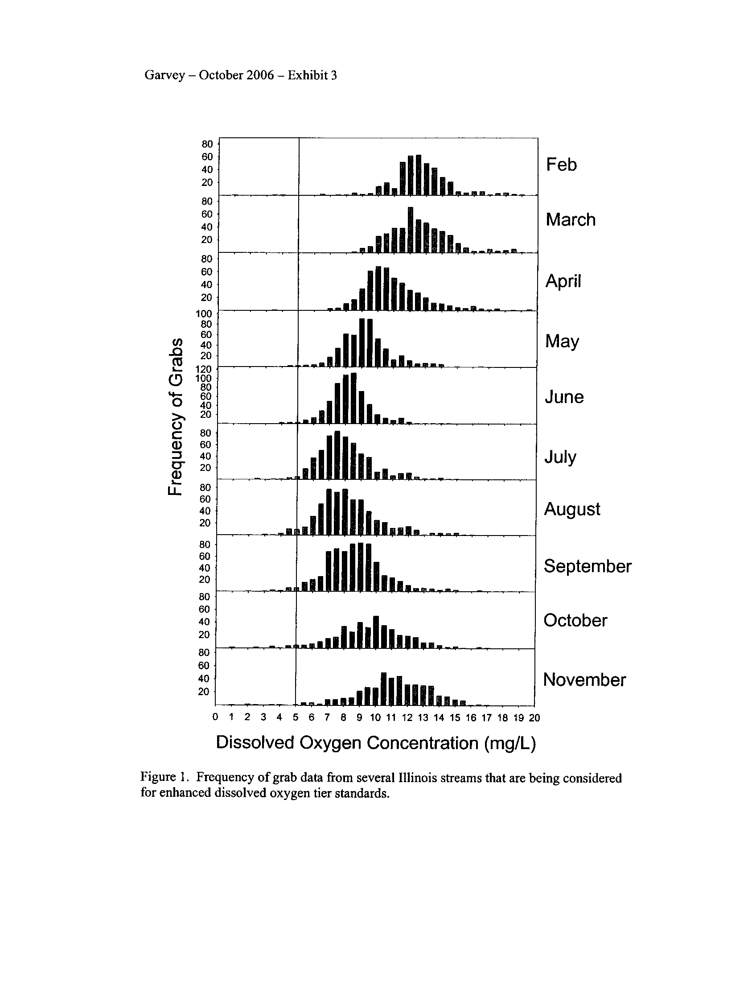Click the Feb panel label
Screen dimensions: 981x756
coord(561,165)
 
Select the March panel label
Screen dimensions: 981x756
coord(570,220)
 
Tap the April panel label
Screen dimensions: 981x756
coord(563,281)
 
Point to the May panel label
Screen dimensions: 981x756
coord(562,342)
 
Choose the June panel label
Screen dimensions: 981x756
coord(564,397)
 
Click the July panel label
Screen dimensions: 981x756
coord(560,457)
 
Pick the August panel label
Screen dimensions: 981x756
coord(571,509)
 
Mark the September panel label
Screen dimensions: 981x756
coord(587,566)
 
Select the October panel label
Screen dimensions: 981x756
coord(575,620)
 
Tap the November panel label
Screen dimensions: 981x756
coord(584,680)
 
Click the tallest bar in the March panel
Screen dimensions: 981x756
coord(411,230)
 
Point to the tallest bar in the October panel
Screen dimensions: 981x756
coord(376,632)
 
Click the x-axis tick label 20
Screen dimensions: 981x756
coord(534,718)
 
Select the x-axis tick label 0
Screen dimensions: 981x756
coord(215,717)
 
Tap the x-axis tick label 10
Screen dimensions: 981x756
coord(375,718)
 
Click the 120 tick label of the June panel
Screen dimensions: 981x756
coord(204,369)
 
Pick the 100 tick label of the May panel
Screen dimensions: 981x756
coord(204,313)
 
